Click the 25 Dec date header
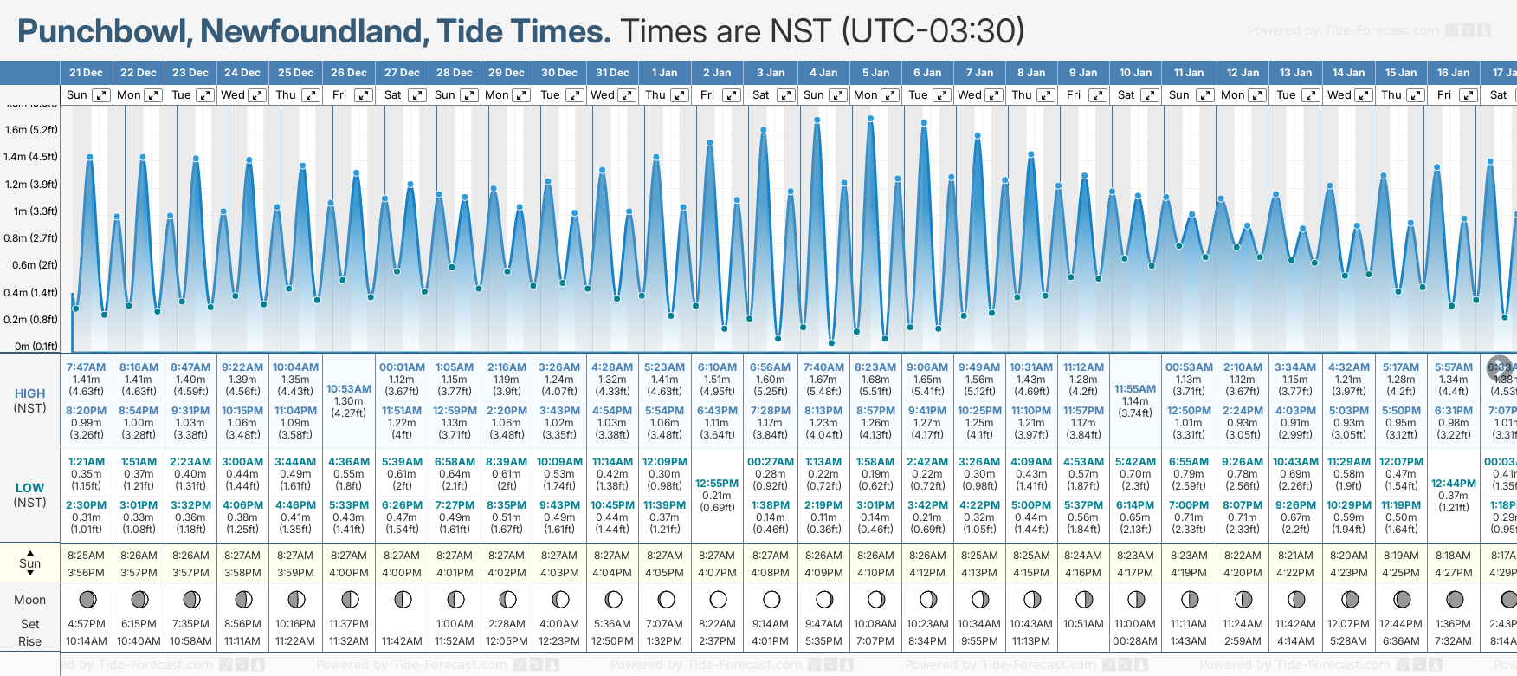295,73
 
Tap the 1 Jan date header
664,73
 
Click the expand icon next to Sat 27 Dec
416,95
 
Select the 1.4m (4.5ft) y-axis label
30,157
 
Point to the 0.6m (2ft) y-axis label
30,265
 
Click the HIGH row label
29,393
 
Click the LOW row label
29,488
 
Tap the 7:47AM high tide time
86,367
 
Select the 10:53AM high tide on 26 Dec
349,389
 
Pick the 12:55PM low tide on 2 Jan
717,484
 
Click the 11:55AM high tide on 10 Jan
1135,389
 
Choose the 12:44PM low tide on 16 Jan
1454,484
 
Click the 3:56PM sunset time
86,573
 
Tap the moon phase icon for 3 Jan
771,599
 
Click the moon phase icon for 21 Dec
87,599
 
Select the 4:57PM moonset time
86,624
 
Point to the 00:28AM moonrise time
1135,641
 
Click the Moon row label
29,600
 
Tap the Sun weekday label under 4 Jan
813,95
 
